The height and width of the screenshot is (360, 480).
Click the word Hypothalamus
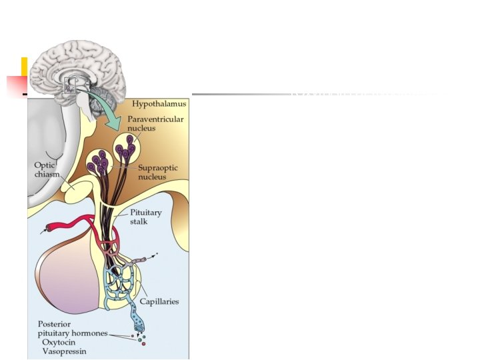pyautogui.click(x=159, y=104)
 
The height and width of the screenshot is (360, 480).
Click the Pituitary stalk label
pyautogui.click(x=146, y=217)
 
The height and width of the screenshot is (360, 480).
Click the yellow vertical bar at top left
pyautogui.click(x=24, y=69)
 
